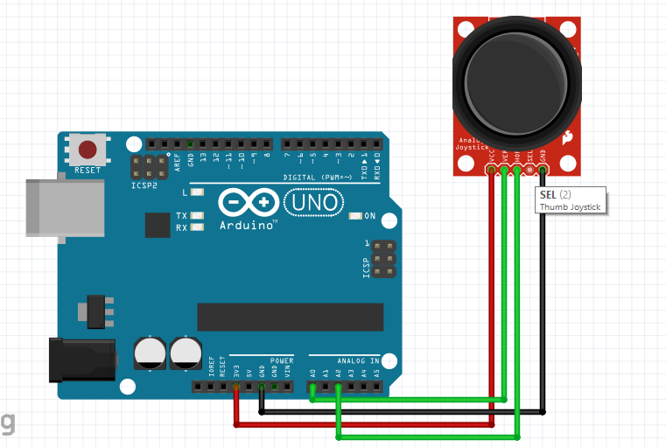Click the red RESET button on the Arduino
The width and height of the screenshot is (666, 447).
88,149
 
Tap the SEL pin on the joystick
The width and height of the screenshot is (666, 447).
529,169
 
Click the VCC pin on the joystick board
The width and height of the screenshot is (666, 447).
492,169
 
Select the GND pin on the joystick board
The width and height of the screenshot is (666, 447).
543,169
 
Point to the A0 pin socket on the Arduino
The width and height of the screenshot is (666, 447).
312,387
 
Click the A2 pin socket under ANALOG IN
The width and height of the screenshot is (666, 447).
338,387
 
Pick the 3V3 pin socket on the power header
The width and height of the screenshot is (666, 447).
236,387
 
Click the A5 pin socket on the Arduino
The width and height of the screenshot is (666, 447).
376,387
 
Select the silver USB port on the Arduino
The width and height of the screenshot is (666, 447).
57,207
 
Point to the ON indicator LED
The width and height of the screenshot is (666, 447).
355,215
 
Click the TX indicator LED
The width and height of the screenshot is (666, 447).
197,215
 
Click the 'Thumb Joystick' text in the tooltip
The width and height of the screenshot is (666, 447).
568,206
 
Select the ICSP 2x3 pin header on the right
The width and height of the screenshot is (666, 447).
382,260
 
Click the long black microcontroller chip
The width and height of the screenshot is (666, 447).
290,318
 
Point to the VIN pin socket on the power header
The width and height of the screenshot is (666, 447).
287,387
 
